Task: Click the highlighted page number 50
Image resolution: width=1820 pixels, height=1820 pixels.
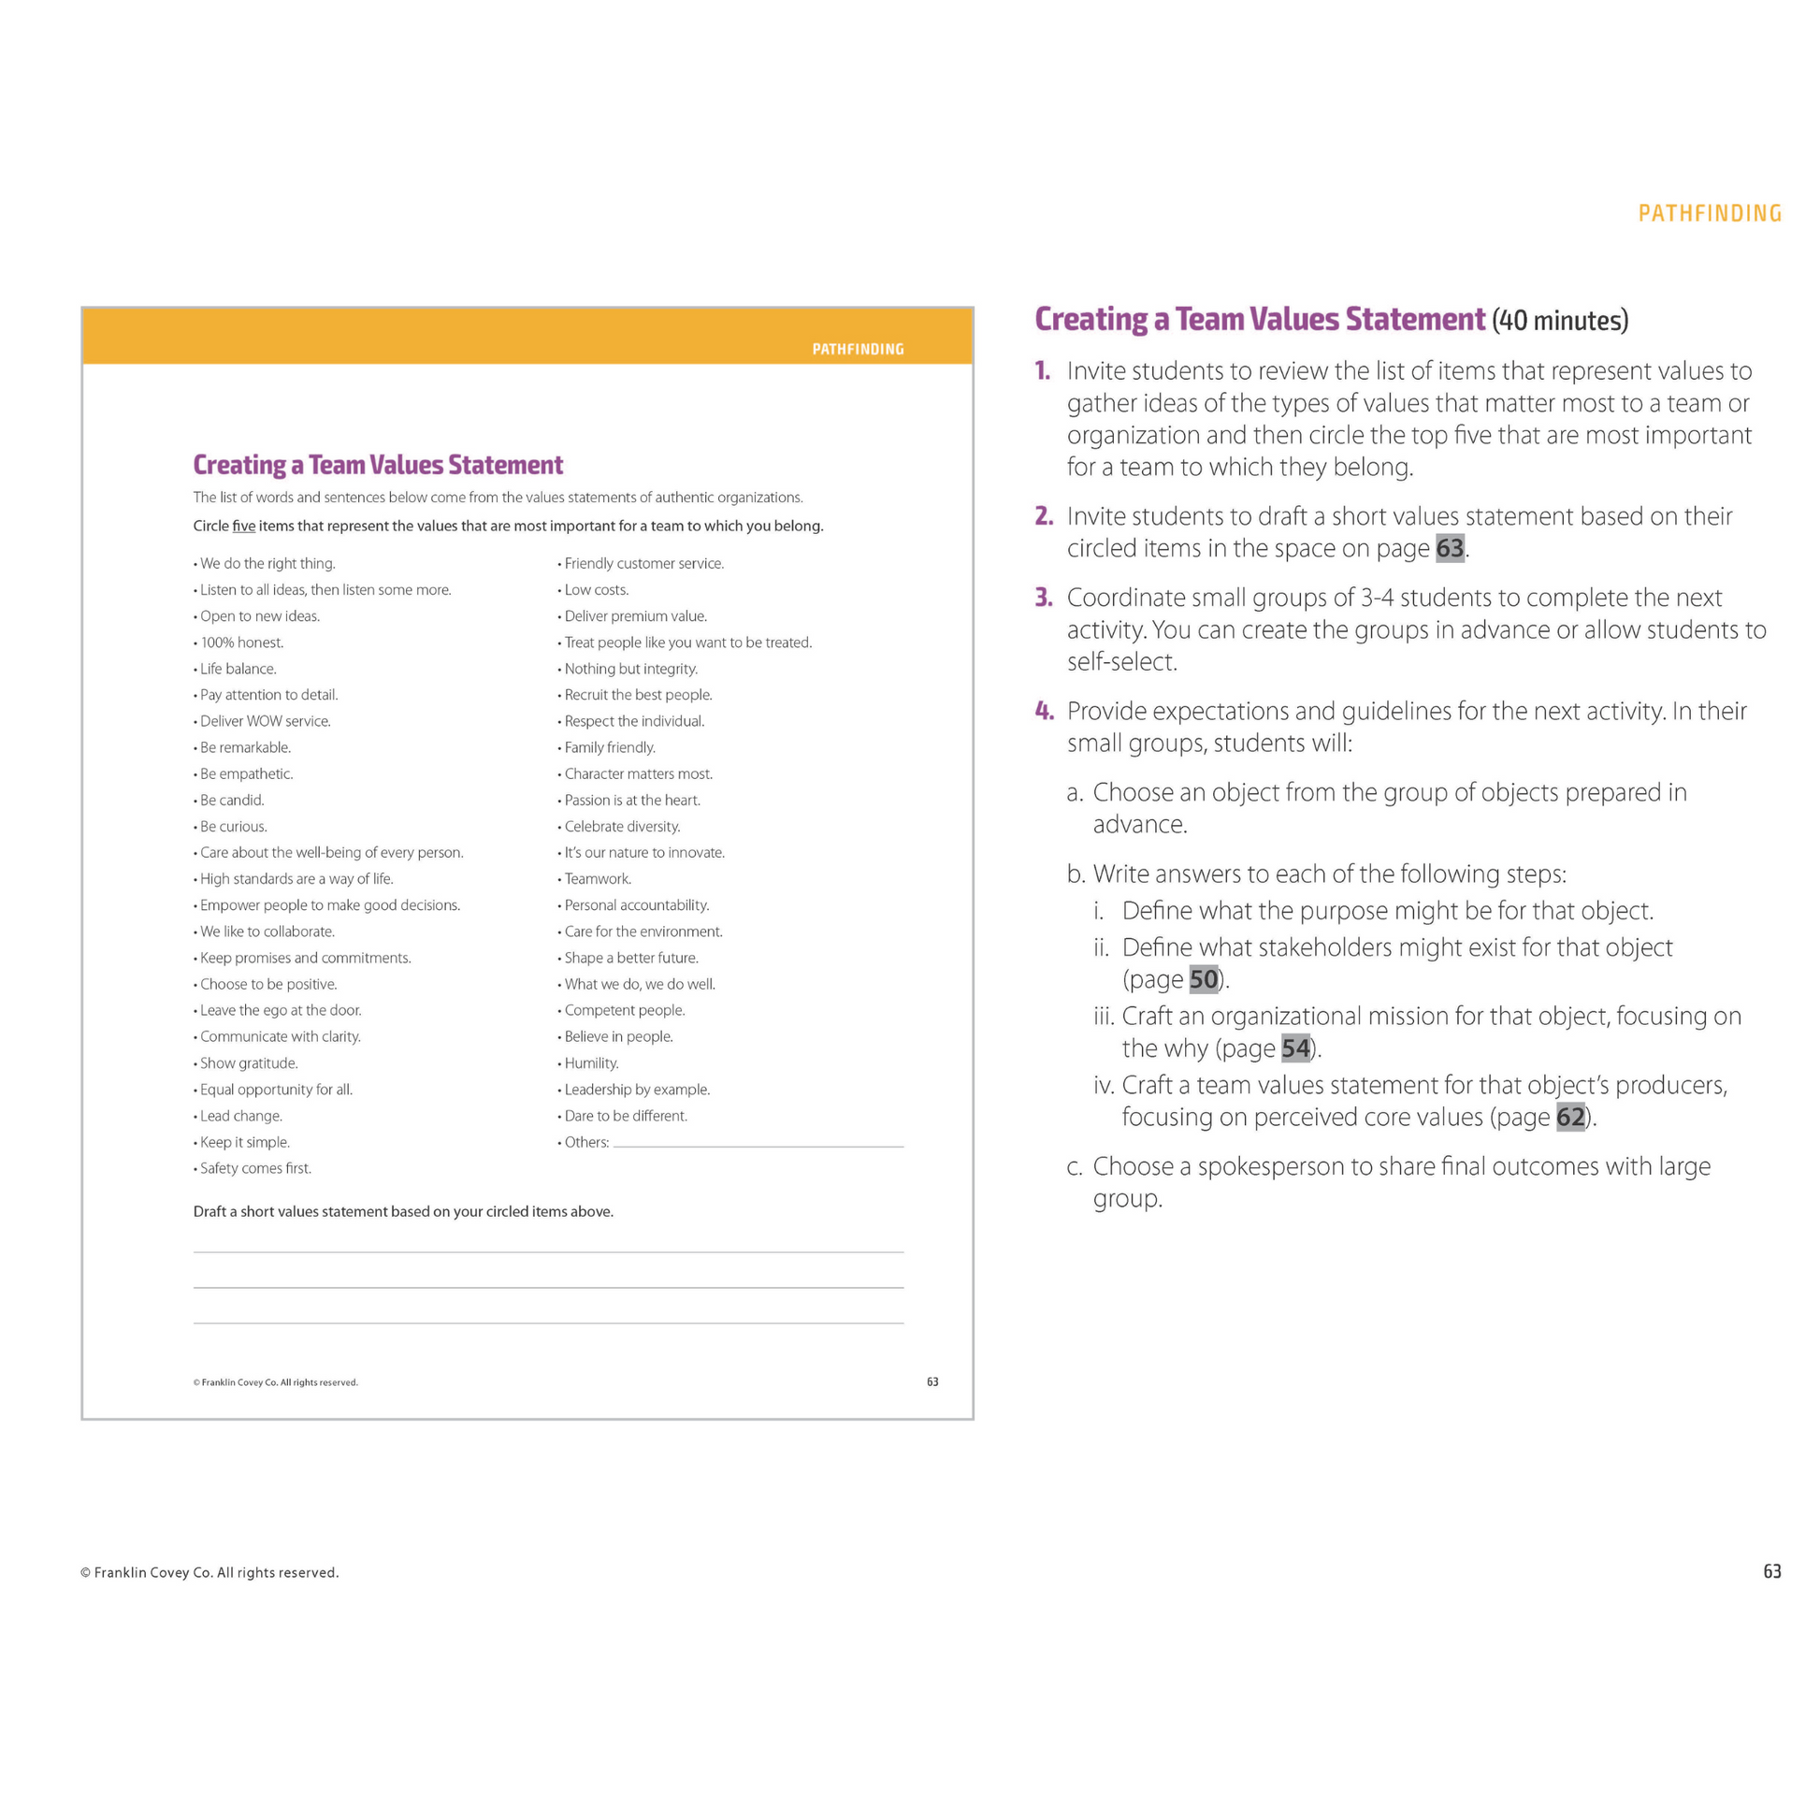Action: pos(1203,980)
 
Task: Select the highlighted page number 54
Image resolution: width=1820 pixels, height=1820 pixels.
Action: pos(1295,1048)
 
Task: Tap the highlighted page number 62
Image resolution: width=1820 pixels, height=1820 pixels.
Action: pos(1570,1118)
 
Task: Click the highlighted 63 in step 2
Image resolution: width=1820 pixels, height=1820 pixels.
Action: pos(1450,548)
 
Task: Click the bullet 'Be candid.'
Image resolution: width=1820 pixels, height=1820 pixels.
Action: pos(232,800)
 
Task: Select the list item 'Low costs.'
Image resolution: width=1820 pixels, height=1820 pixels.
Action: pos(597,590)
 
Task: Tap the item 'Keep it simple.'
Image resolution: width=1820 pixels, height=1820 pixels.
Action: pos(244,1143)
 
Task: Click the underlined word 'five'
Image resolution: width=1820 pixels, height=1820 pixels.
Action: pos(244,526)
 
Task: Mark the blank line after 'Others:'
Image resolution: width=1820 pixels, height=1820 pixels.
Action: pos(758,1144)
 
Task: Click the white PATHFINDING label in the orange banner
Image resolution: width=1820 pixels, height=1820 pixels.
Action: pos(858,350)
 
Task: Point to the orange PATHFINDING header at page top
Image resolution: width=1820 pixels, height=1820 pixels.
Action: pos(1709,214)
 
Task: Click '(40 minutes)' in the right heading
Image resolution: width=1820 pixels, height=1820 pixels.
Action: pos(1559,321)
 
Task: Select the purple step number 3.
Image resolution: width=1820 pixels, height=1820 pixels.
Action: pos(1043,598)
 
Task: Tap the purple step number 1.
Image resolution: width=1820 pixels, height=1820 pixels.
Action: pos(1042,371)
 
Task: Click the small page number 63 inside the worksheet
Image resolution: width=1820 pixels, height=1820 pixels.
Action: pos(932,1382)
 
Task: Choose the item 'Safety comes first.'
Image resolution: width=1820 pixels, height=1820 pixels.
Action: pos(255,1168)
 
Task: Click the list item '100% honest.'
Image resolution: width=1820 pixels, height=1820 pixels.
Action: pos(241,643)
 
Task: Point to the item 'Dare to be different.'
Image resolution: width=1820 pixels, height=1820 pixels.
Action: pos(626,1117)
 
